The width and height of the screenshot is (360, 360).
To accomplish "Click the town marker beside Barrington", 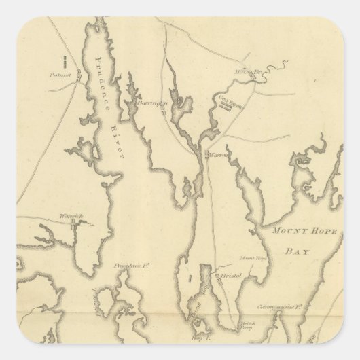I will pyautogui.click(x=164, y=110).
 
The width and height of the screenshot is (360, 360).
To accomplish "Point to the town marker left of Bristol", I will pyautogui.click(x=214, y=277).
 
